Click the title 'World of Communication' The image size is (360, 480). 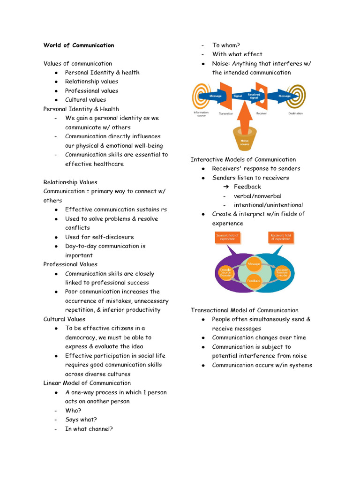tap(79, 45)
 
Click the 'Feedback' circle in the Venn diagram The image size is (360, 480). tap(254, 281)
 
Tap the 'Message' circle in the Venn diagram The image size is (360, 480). tap(254, 264)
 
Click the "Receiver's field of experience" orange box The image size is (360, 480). tap(280, 237)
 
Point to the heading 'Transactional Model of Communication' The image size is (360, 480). tap(244, 310)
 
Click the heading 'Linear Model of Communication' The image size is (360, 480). tap(87, 383)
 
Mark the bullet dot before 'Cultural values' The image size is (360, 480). tap(56, 100)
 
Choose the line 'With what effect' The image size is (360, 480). tap(237, 54)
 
